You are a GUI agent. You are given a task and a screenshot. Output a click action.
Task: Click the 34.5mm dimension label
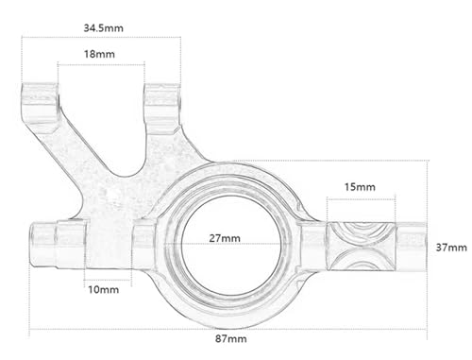point(103,28)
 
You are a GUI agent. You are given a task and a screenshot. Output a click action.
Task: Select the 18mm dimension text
point(99,54)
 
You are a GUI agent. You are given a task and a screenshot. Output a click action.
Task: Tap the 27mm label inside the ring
point(225,238)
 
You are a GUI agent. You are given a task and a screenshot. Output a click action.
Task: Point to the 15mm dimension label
point(360,187)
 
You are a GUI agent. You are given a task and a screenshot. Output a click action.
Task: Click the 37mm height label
point(451,248)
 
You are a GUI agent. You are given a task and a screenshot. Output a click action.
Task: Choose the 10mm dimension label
point(104,290)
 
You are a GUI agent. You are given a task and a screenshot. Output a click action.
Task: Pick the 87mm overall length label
point(231,339)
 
